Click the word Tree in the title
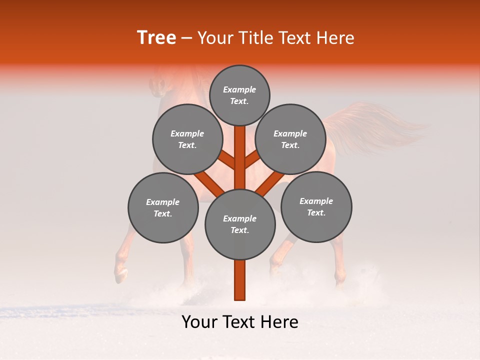(156, 38)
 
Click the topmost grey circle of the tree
(239, 95)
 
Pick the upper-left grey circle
(187, 139)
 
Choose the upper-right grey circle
(290, 139)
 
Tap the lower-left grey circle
(163, 207)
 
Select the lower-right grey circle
(316, 206)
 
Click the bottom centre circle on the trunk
(240, 224)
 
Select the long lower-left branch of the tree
(209, 182)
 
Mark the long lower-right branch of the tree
(270, 183)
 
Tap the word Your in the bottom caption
(199, 322)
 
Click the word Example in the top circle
(239, 89)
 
